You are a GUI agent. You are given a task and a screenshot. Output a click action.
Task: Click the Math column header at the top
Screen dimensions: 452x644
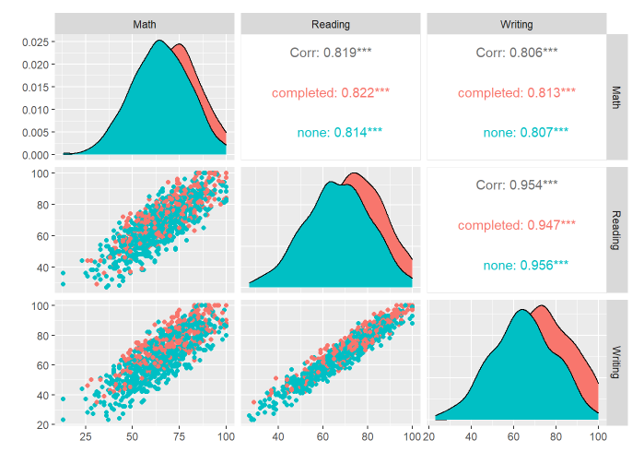tap(146, 23)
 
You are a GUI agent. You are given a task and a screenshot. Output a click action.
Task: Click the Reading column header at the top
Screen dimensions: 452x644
tap(330, 23)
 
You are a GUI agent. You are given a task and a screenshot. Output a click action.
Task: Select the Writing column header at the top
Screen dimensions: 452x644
tap(516, 23)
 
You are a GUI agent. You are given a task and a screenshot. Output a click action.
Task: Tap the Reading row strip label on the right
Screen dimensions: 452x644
tap(616, 223)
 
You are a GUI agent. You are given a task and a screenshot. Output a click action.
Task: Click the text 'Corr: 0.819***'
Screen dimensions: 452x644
tap(330, 53)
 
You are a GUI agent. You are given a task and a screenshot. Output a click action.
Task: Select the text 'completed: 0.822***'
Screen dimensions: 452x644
tap(330, 92)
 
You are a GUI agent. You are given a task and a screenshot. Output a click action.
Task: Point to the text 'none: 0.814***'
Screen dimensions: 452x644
tap(330, 132)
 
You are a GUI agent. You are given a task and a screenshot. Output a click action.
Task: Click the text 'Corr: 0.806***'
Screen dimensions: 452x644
tap(516, 53)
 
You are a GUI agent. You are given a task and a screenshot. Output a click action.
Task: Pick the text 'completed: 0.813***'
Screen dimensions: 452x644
tap(516, 92)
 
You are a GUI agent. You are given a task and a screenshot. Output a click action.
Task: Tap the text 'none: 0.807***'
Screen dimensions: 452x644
tap(516, 132)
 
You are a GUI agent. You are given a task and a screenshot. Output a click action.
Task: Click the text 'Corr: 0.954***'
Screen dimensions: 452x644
tap(516, 184)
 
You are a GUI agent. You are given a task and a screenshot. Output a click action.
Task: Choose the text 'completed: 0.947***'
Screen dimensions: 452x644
tap(516, 224)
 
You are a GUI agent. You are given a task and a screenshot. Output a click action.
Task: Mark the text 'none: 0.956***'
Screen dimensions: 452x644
tap(516, 265)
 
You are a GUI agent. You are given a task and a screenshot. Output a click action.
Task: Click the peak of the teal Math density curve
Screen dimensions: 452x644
tap(159, 40)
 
